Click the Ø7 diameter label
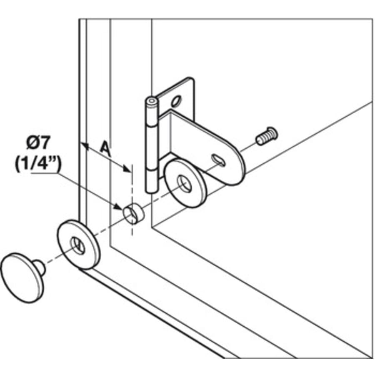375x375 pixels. point(38,143)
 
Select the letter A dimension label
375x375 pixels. point(105,148)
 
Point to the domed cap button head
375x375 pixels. point(22,278)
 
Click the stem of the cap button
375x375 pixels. point(40,267)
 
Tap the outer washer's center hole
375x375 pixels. point(77,245)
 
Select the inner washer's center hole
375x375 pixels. point(185,184)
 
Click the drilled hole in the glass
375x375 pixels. point(133,214)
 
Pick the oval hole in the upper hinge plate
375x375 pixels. point(176,101)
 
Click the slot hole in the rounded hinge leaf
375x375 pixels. point(218,160)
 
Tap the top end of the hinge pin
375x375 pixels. point(152,101)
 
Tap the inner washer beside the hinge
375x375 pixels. point(185,183)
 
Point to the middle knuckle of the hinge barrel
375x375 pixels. point(152,147)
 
